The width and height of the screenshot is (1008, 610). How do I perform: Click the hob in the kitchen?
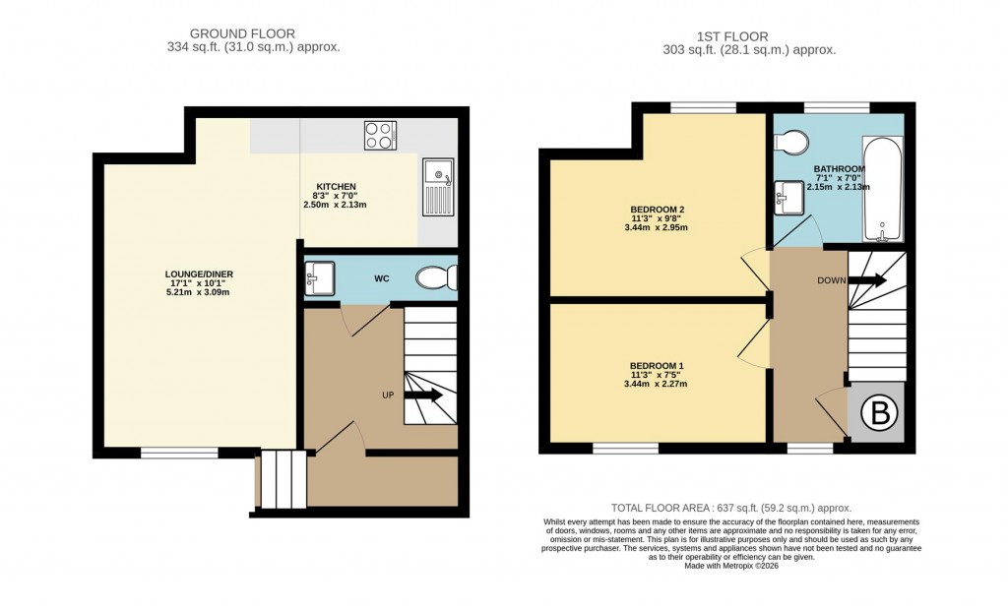pos(380,135)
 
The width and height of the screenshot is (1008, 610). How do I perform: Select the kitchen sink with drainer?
pos(437,187)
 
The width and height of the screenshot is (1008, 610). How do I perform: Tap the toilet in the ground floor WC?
pos(436,278)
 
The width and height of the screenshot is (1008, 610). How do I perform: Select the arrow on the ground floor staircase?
pos(424,396)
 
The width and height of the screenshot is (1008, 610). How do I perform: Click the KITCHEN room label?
pos(336,187)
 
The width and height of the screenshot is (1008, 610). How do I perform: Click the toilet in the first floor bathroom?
pos(790,144)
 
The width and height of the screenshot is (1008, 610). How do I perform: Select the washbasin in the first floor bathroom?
pos(789,198)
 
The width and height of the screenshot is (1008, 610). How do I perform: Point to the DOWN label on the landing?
pos(832,280)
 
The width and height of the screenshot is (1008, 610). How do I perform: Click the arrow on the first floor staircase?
pos(867,280)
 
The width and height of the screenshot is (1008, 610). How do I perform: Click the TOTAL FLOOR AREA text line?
pos(731,508)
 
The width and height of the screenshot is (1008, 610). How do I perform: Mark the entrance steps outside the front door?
pos(282,480)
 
